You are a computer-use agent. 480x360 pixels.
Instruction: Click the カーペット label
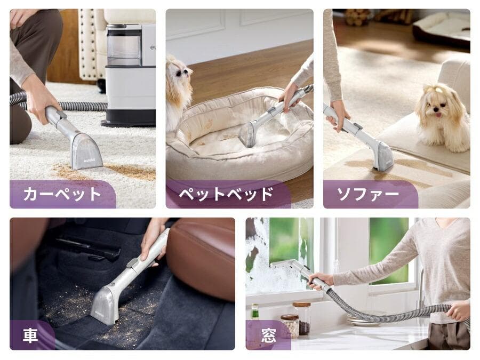pos(62,194)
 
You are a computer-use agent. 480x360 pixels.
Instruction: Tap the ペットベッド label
pos(226,194)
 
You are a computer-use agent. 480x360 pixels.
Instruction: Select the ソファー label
pos(368,194)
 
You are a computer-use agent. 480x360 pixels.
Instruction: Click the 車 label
pos(30,335)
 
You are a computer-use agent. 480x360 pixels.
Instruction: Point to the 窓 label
pos(268,335)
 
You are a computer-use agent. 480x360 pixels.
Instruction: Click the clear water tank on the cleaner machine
pos(124,45)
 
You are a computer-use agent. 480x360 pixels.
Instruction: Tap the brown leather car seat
pos(204,257)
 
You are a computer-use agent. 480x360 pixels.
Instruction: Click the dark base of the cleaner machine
pos(128,117)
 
